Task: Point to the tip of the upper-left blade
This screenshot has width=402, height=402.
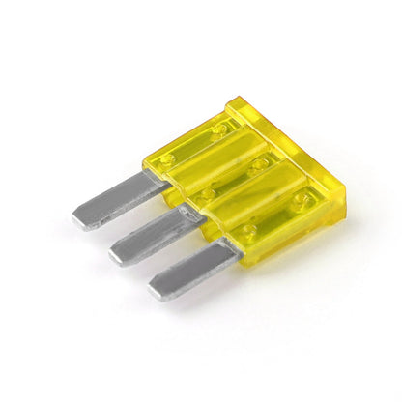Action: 79,218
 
